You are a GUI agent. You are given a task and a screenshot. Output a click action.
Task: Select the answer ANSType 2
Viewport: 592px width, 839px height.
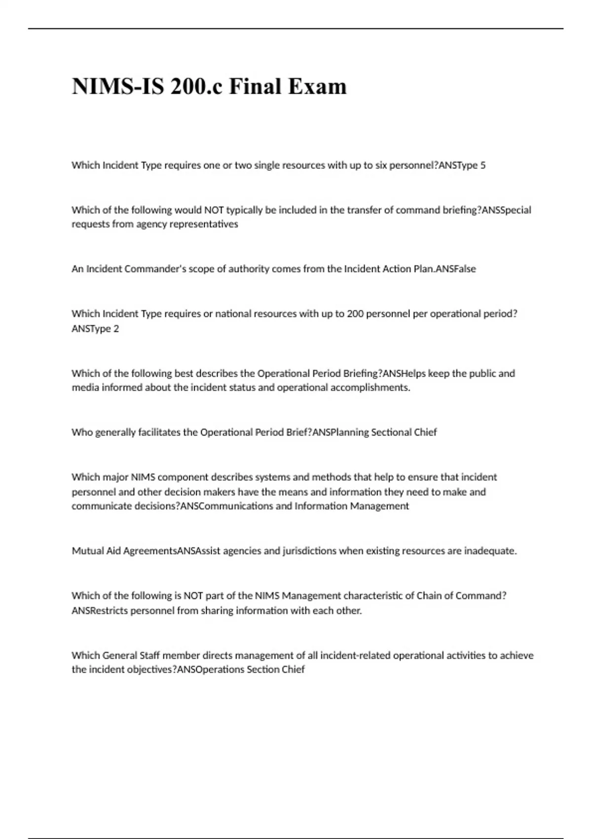[95, 329]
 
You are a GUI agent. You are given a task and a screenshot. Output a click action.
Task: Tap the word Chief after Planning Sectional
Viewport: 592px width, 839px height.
[425, 432]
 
